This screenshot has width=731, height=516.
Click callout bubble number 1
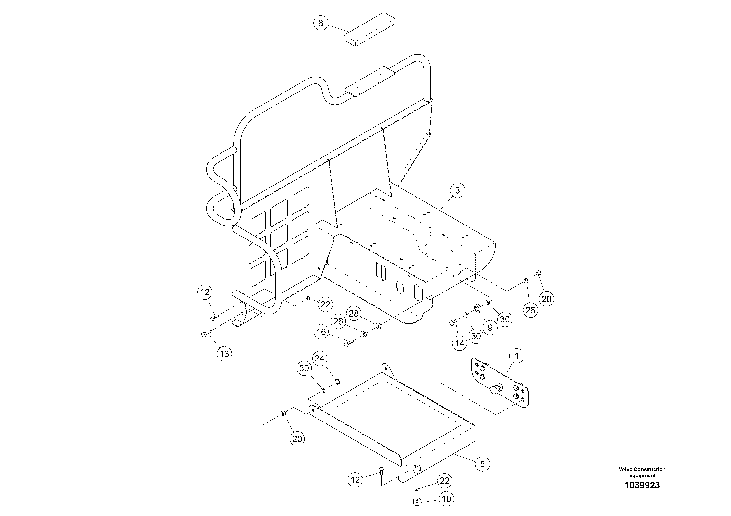point(516,356)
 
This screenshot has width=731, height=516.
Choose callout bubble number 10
point(446,499)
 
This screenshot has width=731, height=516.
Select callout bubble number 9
point(490,327)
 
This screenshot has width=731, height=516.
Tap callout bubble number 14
point(459,343)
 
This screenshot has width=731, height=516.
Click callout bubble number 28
point(354,313)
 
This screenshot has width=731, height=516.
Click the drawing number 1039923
point(642,485)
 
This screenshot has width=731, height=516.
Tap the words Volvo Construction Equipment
point(642,472)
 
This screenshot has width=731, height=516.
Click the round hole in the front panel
point(400,287)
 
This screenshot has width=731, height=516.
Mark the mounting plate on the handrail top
point(370,81)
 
